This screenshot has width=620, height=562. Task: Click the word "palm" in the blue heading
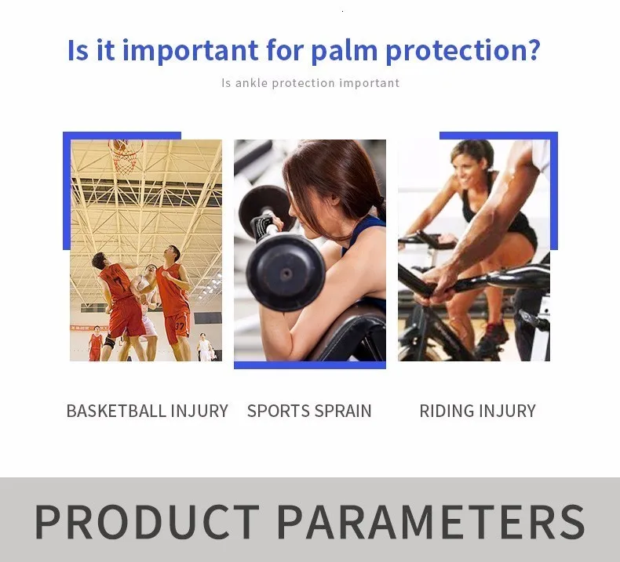point(344,50)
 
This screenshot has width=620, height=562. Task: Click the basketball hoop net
point(126,157)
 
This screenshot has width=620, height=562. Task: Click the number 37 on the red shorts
point(179,326)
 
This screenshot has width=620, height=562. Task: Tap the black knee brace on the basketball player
point(110,341)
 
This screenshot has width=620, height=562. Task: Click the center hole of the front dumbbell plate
point(286,274)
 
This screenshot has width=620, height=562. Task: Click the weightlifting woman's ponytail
point(381,208)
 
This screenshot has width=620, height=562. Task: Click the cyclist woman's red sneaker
point(493,338)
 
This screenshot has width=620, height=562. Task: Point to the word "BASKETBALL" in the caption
point(117,411)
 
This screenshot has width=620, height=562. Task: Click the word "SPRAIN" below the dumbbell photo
point(343,411)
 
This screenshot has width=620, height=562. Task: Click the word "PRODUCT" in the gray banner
point(148,521)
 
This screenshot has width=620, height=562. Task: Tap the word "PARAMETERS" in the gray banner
point(431,521)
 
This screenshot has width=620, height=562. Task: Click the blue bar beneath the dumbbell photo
point(310,365)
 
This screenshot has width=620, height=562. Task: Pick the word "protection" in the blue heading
point(457,50)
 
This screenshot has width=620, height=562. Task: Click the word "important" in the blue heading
point(191,50)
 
